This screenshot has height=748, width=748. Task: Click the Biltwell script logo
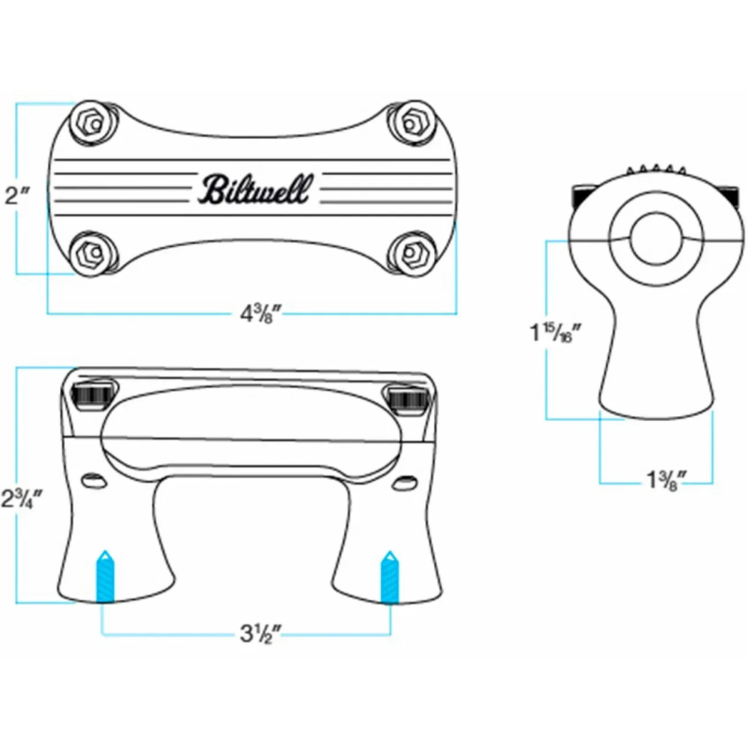[252, 189]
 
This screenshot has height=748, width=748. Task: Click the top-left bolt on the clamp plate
[93, 120]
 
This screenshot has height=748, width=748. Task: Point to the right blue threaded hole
[390, 577]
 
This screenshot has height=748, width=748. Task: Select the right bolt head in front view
[408, 396]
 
